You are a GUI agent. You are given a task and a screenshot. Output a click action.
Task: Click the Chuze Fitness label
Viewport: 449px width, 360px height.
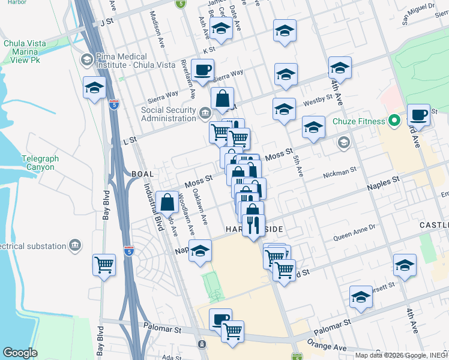point(360,122)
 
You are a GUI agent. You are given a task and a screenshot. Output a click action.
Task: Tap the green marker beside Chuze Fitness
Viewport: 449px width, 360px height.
point(394,122)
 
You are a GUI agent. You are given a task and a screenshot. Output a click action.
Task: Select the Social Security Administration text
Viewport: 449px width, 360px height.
point(169,114)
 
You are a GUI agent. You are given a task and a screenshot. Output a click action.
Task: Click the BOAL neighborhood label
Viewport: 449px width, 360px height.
point(143,173)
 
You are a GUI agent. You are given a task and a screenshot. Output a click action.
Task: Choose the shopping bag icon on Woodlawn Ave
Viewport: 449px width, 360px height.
point(167,202)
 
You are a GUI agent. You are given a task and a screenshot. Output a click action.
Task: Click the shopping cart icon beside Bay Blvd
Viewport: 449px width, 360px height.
point(104,265)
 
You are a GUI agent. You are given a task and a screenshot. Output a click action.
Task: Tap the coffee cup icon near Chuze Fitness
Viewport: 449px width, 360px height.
point(418,114)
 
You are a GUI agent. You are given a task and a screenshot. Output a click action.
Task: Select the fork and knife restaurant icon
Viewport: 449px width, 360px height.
point(253,224)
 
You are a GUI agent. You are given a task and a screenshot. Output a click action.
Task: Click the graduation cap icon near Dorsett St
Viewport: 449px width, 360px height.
point(361,298)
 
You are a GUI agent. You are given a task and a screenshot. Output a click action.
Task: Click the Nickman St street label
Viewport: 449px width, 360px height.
point(340,173)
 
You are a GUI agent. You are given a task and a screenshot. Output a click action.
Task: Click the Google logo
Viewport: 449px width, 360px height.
point(20,353)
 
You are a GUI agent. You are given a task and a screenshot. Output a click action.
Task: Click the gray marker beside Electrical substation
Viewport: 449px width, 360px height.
point(75,246)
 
